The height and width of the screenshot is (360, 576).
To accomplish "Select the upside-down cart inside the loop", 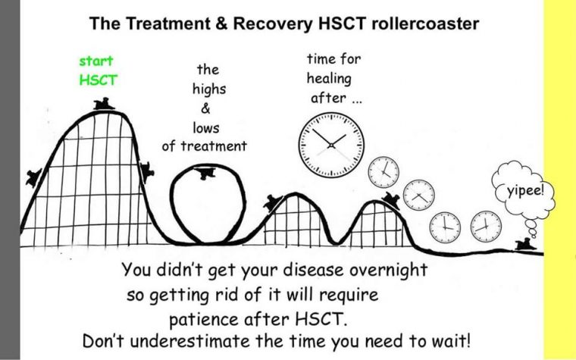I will coord(203,175).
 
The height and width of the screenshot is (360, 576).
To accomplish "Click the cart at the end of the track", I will coord(523,244).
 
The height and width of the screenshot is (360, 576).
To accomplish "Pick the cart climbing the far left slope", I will coord(33,177).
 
